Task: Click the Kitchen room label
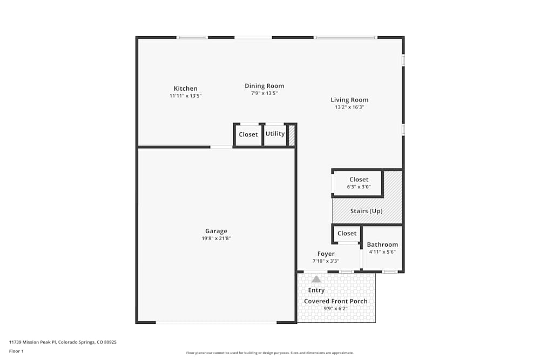185,89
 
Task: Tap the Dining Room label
264,86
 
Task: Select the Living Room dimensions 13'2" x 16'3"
349,107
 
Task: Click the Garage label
216,231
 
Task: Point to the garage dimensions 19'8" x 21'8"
216,239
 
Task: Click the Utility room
275,134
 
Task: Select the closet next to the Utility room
248,134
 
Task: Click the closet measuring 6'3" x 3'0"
359,183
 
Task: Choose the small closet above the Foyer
347,233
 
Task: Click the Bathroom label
382,244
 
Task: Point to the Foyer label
326,254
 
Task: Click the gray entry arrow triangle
316,279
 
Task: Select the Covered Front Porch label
335,301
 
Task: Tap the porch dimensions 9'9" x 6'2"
335,309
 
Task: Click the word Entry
316,290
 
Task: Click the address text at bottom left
63,342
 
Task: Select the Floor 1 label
16,351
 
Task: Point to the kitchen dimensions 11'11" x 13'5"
185,96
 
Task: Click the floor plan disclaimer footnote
270,353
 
